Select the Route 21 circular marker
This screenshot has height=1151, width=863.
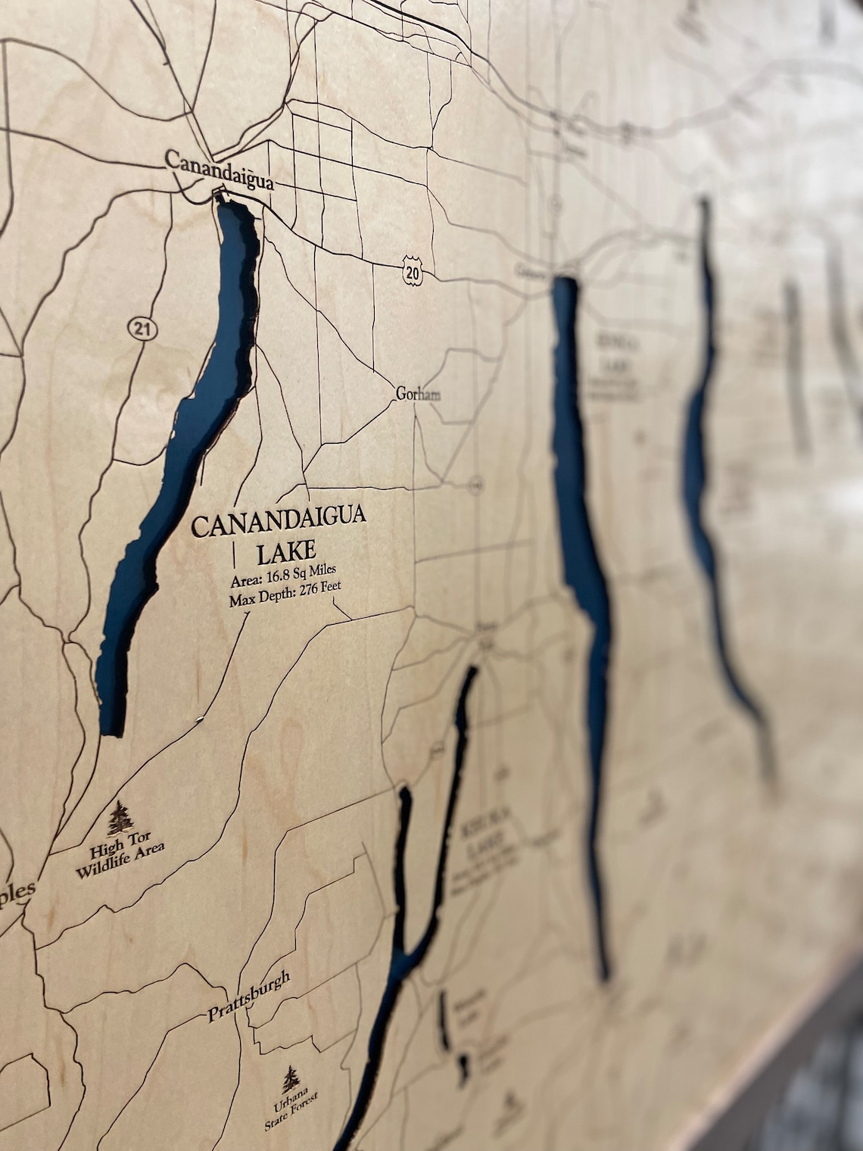tap(137, 327)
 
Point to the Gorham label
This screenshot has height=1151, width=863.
tap(418, 394)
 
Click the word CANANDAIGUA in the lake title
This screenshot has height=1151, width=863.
tap(279, 522)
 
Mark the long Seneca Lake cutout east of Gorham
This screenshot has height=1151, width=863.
tap(581, 515)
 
